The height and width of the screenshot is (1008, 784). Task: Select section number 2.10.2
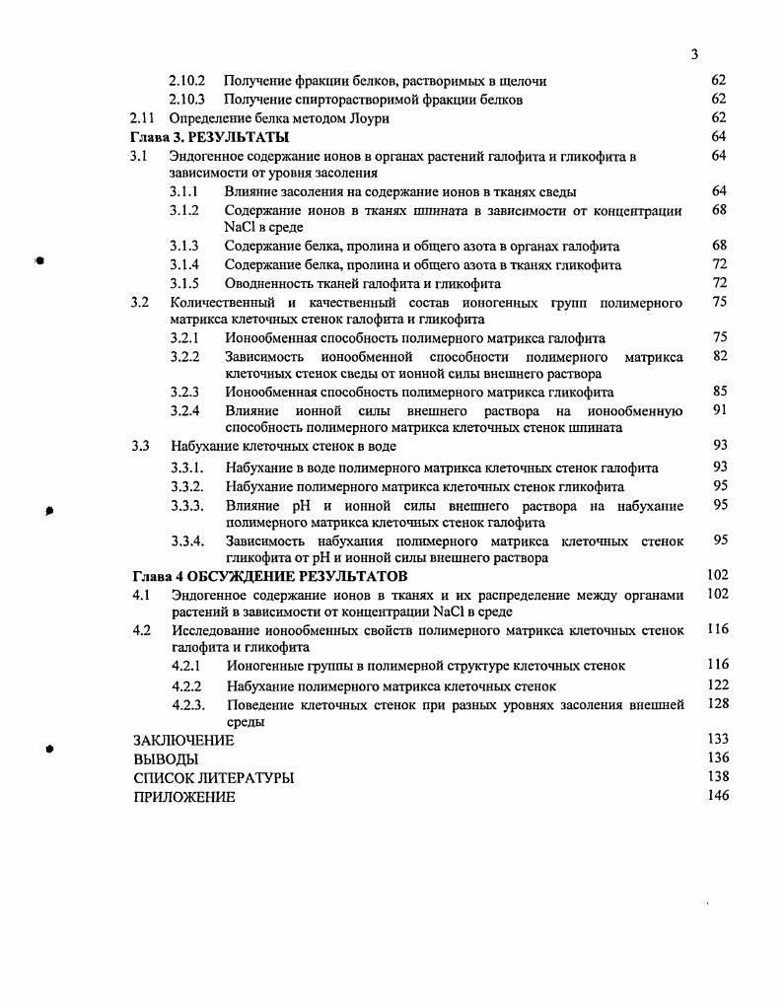coord(186,81)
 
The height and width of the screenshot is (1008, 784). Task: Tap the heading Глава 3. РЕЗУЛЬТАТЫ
coord(210,137)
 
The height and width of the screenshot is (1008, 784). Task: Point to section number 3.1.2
coord(184,211)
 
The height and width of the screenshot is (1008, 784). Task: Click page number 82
coord(719,356)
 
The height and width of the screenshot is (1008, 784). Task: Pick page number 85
coord(719,391)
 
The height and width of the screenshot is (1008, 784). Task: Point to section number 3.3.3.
coord(186,506)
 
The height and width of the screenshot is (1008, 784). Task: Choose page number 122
coord(718,684)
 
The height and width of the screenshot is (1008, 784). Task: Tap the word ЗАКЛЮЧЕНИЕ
coord(183,741)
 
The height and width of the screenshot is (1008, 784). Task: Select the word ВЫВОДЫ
coord(166,759)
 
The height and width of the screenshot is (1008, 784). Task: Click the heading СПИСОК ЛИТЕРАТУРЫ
coord(213,778)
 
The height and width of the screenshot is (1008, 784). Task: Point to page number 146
coord(718,796)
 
